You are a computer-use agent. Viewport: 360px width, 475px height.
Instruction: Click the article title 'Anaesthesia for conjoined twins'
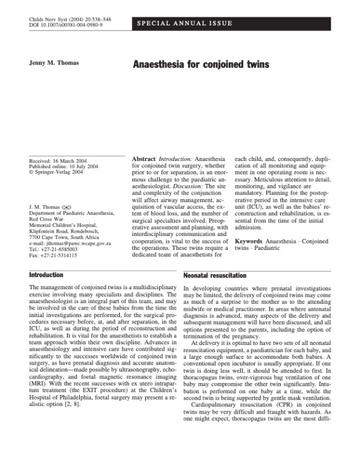[x=200, y=65]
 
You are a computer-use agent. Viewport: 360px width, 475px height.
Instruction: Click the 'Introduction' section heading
[x=46, y=276]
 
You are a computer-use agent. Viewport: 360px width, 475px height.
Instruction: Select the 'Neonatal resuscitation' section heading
[x=215, y=277]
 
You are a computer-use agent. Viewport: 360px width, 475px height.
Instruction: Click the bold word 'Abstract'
[x=143, y=157]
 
